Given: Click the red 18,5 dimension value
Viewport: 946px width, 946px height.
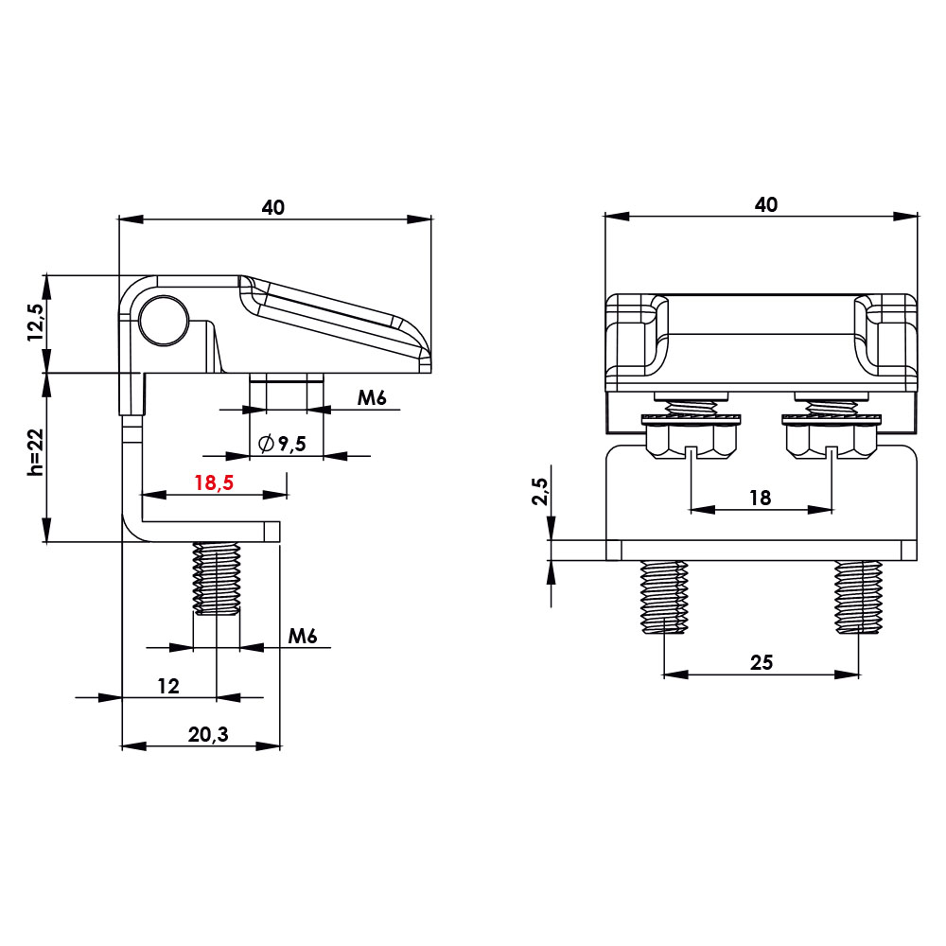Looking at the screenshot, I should (214, 482).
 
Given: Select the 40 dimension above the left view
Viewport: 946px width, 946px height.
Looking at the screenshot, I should (273, 207).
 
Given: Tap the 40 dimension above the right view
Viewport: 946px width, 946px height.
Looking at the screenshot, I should (766, 205).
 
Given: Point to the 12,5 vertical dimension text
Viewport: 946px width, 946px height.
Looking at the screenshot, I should (36, 324).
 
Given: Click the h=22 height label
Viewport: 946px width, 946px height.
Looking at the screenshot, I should (36, 452).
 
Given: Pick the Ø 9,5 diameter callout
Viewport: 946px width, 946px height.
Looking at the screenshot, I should (282, 444).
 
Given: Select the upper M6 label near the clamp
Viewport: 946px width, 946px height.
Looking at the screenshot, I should (372, 398).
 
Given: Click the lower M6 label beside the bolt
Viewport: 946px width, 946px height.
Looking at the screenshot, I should (303, 637).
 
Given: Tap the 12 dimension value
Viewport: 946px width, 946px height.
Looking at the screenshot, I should (168, 687).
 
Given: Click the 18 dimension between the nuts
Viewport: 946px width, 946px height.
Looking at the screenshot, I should (761, 498).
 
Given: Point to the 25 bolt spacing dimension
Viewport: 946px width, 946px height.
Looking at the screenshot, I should (762, 662).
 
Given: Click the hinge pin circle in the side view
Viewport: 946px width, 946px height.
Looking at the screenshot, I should (163, 319).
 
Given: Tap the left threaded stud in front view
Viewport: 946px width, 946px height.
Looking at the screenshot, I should (664, 597).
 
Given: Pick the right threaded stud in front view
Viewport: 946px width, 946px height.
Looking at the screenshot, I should (858, 597).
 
